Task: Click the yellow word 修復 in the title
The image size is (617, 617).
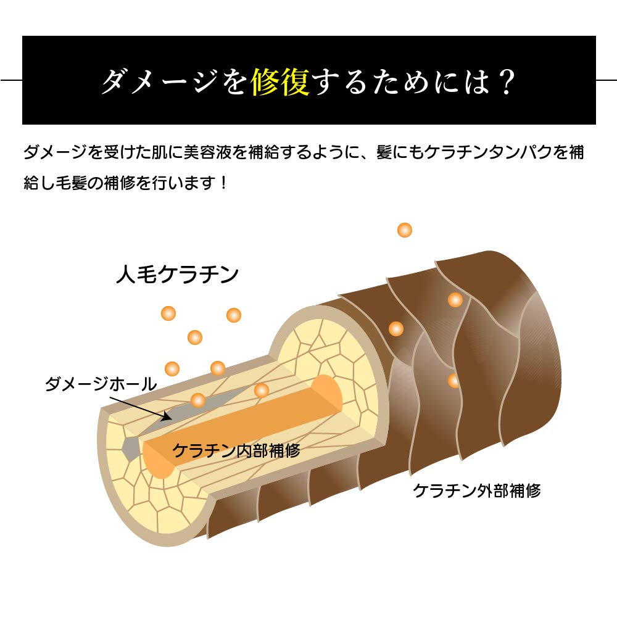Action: (280, 82)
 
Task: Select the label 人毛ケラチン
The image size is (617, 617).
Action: (178, 275)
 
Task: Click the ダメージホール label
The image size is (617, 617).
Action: (101, 384)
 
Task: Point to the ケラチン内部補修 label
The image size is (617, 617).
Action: (236, 450)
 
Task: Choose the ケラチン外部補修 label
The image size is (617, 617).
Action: (477, 491)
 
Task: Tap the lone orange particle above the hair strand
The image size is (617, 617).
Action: (405, 230)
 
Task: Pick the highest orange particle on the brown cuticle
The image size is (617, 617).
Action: (455, 300)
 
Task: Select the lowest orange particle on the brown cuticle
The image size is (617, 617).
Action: (454, 381)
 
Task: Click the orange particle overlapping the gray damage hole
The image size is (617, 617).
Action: (198, 400)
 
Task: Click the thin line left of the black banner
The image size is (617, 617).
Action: (11, 80)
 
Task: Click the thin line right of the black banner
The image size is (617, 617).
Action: (607, 80)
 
